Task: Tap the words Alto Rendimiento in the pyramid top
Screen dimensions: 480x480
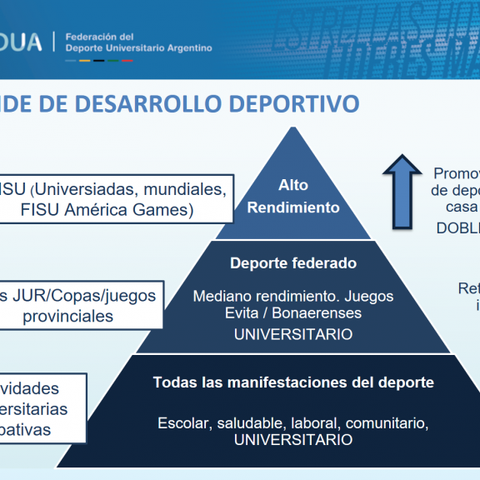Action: click(x=293, y=197)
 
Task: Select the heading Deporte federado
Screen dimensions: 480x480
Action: click(x=292, y=263)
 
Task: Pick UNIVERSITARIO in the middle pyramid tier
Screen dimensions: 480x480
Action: click(x=292, y=334)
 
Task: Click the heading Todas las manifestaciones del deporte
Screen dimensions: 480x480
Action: click(x=293, y=382)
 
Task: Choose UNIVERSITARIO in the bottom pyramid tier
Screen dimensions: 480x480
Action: click(x=292, y=440)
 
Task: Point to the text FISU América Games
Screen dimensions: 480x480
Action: click(x=107, y=209)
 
